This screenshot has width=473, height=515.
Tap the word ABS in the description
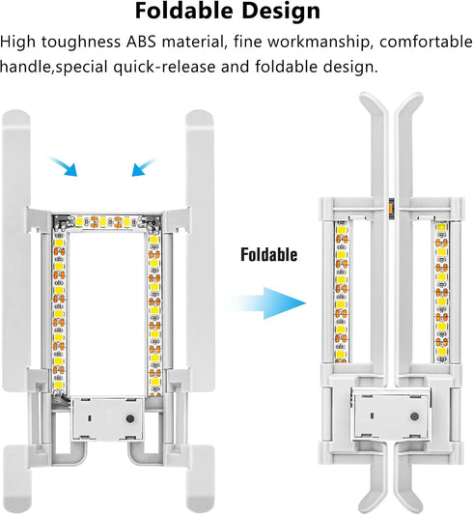pos(141,43)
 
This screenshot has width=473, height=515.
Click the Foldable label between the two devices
pos(269,254)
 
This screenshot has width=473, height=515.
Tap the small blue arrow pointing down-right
pos(63,166)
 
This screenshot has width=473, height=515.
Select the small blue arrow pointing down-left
pos(146,166)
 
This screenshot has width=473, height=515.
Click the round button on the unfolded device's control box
pos(130,418)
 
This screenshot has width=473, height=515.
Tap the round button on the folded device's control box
pos(414,416)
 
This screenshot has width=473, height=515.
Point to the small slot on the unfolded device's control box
pos(90,418)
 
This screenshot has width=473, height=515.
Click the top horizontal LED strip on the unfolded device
pos(108,222)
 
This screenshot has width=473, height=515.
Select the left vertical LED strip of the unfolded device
pos(59,312)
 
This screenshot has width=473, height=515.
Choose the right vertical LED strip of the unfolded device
pos(154,314)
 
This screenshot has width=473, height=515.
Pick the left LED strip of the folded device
pos(342,292)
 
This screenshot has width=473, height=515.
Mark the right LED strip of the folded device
pos(441,292)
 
